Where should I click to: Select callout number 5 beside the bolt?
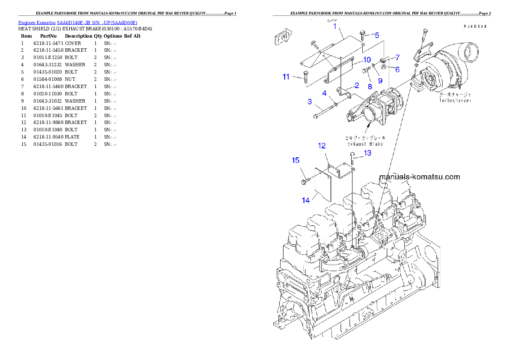pyautogui.click(x=377, y=35)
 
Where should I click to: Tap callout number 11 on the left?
pyautogui.click(x=286, y=77)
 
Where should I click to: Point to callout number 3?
pyautogui.click(x=309, y=102)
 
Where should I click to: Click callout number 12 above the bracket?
pyautogui.click(x=322, y=146)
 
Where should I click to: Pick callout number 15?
pyautogui.click(x=296, y=160)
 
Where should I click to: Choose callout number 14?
pyautogui.click(x=305, y=200)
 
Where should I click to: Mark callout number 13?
pyautogui.click(x=367, y=153)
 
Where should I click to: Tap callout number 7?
pyautogui.click(x=397, y=57)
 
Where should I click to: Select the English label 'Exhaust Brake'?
pyautogui.click(x=365, y=144)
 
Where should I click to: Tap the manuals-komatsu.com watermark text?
pyautogui.click(x=419, y=177)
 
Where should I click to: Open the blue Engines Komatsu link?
pyautogui.click(x=77, y=23)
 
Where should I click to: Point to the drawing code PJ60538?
pyautogui.click(x=475, y=26)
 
